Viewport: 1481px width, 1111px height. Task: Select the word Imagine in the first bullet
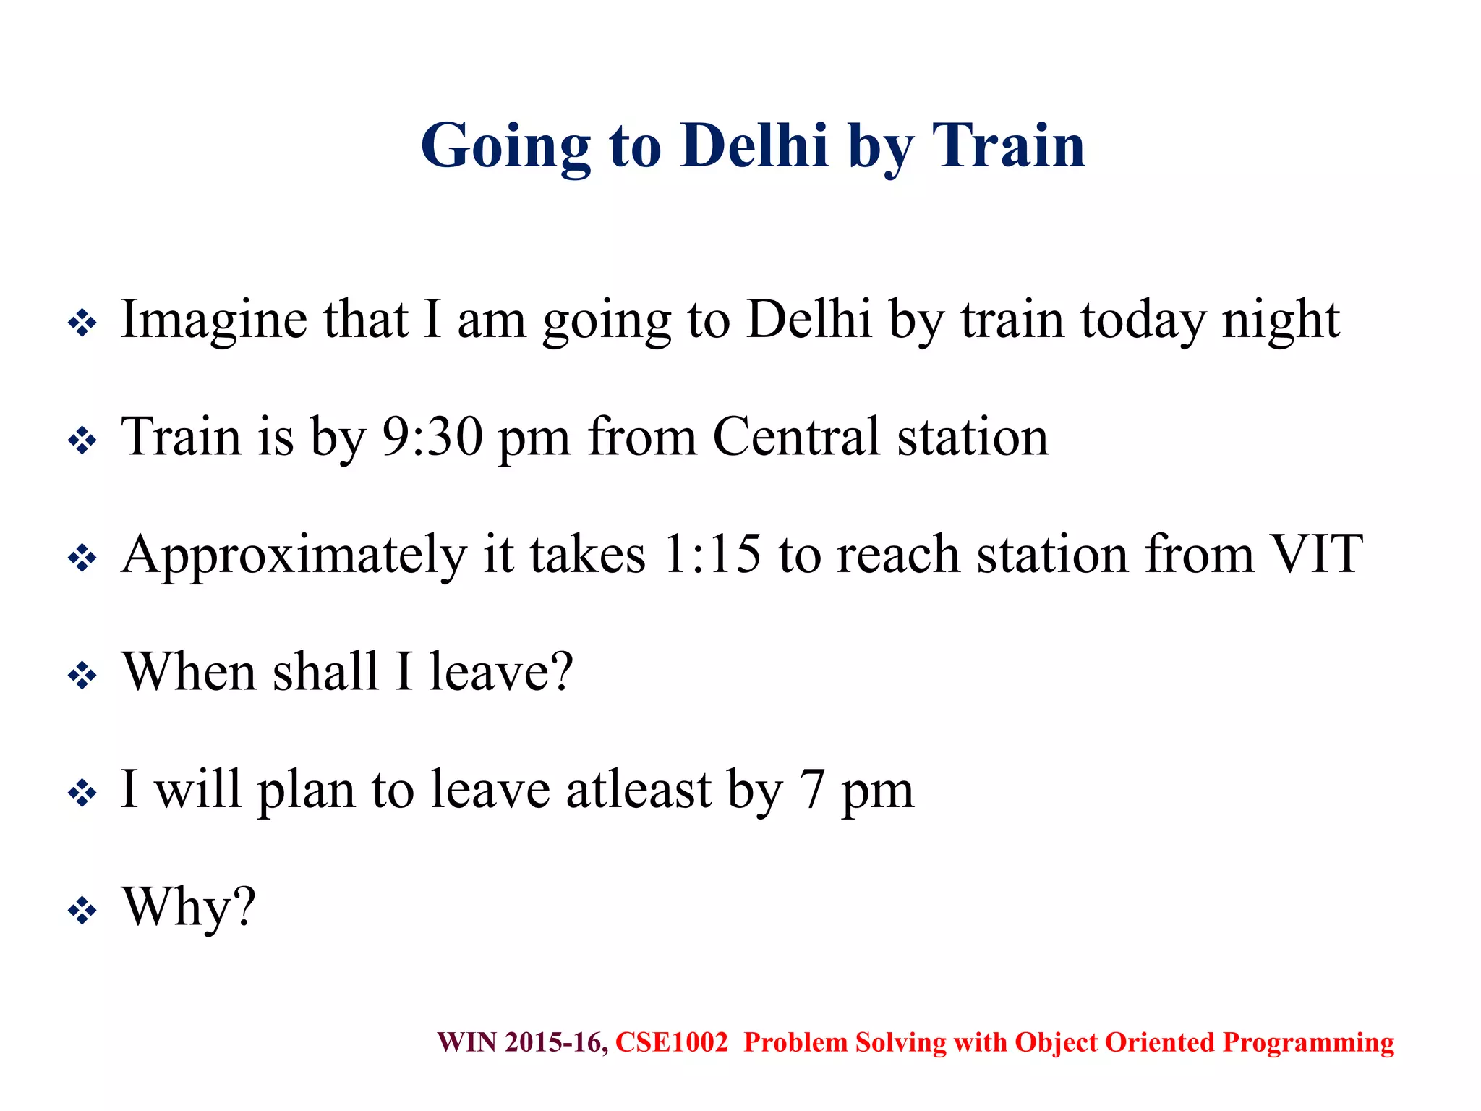click(213, 320)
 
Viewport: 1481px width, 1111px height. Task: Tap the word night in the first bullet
click(1281, 320)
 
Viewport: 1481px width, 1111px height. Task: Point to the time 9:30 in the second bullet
click(432, 437)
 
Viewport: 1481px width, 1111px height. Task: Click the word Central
click(796, 437)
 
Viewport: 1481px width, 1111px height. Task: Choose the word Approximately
click(294, 555)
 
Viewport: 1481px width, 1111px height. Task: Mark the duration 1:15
click(712, 555)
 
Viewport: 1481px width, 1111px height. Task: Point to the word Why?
click(189, 907)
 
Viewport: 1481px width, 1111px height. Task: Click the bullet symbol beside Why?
click(82, 911)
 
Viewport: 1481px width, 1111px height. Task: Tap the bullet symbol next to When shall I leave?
click(82, 676)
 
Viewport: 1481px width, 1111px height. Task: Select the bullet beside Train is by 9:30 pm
click(82, 440)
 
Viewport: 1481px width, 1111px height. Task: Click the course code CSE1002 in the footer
click(671, 1042)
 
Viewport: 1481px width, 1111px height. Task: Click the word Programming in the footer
click(1307, 1043)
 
